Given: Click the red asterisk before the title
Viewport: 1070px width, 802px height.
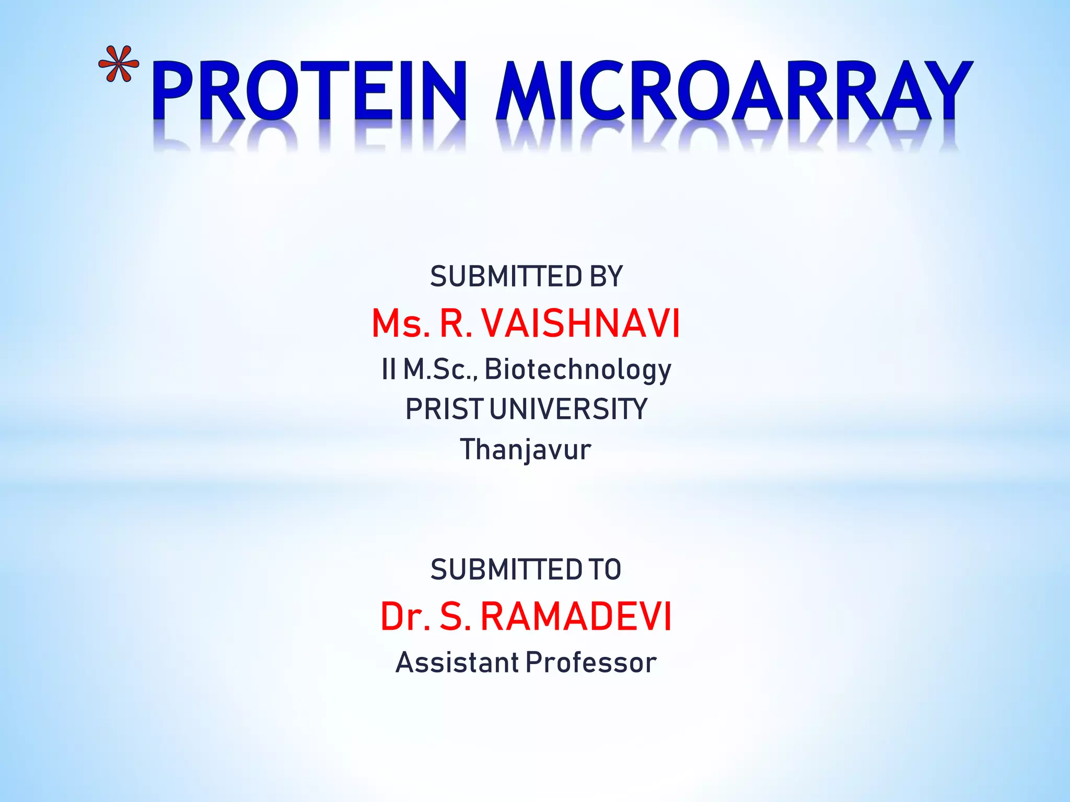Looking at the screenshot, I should pos(119,64).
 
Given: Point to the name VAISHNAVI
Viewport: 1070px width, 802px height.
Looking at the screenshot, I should pos(580,323).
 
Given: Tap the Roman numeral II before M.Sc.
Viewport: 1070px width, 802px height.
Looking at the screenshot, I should pos(389,369).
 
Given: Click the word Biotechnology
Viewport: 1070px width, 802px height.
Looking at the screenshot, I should pos(578,370).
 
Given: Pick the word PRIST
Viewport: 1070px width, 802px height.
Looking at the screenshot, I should pos(445,409).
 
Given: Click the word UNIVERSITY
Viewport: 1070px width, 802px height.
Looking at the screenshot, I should pos(568,409).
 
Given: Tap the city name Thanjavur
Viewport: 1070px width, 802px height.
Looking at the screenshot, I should pos(526,450).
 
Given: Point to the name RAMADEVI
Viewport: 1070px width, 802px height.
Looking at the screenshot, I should pos(575,617).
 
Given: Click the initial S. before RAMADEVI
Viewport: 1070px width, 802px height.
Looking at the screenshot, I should pos(454,617).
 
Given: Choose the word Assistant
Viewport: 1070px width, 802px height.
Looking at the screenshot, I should pos(457,663).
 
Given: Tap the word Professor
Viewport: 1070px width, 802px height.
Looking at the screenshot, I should pos(591,663).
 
